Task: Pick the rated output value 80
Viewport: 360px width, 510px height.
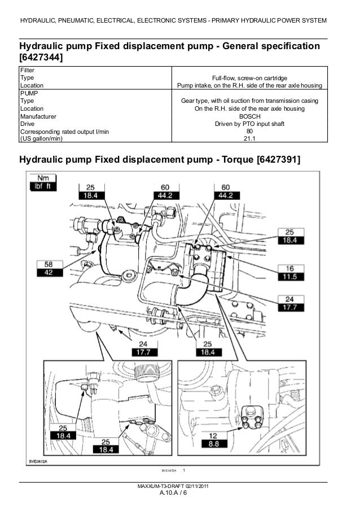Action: (250, 132)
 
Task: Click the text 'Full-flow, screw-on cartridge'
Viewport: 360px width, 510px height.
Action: (250, 78)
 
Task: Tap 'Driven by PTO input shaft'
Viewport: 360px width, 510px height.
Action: (250, 124)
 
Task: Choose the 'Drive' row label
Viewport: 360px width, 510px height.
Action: (27, 124)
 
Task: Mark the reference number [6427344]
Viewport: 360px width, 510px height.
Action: (41, 58)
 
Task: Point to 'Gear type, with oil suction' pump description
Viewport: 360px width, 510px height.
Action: (250, 101)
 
